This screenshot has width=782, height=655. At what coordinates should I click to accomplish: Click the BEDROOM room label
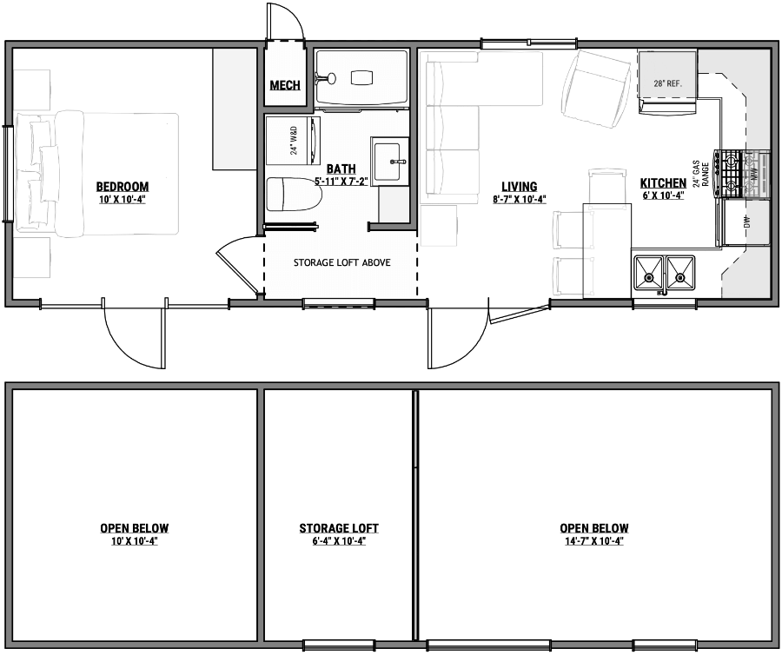122,186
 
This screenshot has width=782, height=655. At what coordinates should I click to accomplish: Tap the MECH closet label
285,85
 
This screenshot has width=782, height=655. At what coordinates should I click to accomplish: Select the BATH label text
341,169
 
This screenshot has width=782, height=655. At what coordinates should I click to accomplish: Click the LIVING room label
519,186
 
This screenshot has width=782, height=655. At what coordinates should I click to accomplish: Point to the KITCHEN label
663,182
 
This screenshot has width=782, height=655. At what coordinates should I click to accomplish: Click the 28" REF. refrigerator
666,82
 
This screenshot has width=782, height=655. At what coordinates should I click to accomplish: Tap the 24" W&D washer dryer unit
294,138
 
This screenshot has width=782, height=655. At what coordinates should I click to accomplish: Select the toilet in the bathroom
292,195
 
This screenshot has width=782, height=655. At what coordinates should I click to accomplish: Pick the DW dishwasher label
746,222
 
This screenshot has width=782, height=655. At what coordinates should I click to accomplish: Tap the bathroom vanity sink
390,161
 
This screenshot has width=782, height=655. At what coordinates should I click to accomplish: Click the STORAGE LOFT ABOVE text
341,262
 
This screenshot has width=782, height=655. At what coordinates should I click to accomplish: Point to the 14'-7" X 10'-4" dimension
594,541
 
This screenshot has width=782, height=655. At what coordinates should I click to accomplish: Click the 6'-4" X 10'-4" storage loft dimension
339,541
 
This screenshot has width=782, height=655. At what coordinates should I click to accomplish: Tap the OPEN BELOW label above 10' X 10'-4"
134,528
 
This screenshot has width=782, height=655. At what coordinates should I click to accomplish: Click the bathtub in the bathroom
361,78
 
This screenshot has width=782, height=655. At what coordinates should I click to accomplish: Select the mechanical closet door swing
287,22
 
